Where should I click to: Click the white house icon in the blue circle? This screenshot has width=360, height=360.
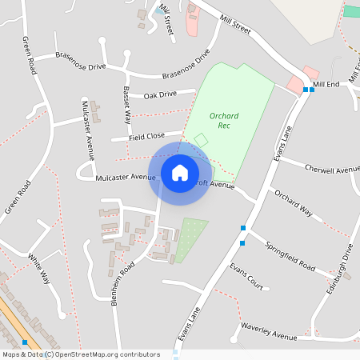point(180,173)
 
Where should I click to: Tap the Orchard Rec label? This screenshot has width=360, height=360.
point(224,120)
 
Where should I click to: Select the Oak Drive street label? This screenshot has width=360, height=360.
point(160,94)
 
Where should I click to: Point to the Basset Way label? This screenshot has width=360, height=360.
point(126,105)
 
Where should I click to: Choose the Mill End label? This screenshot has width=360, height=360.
point(326,84)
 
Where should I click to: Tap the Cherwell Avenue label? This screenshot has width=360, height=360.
point(332,170)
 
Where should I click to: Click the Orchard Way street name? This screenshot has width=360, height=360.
point(293,204)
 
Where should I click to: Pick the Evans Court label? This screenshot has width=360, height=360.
point(246,276)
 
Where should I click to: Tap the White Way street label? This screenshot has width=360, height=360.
point(39,268)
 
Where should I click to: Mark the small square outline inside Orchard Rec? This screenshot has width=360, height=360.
point(201,140)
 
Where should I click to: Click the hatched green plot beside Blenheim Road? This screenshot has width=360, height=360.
point(190,239)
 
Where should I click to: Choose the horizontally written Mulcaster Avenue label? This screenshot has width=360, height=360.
point(125,177)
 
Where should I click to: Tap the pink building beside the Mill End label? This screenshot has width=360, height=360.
point(295,84)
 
